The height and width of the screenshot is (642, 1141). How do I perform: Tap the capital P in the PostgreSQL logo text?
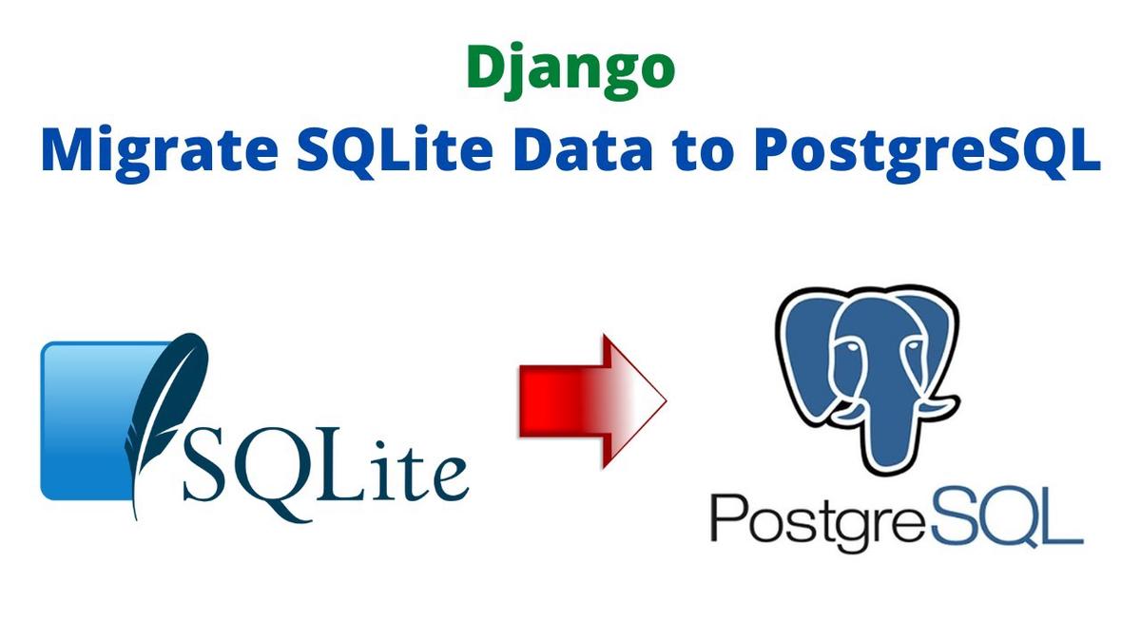tap(727, 517)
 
